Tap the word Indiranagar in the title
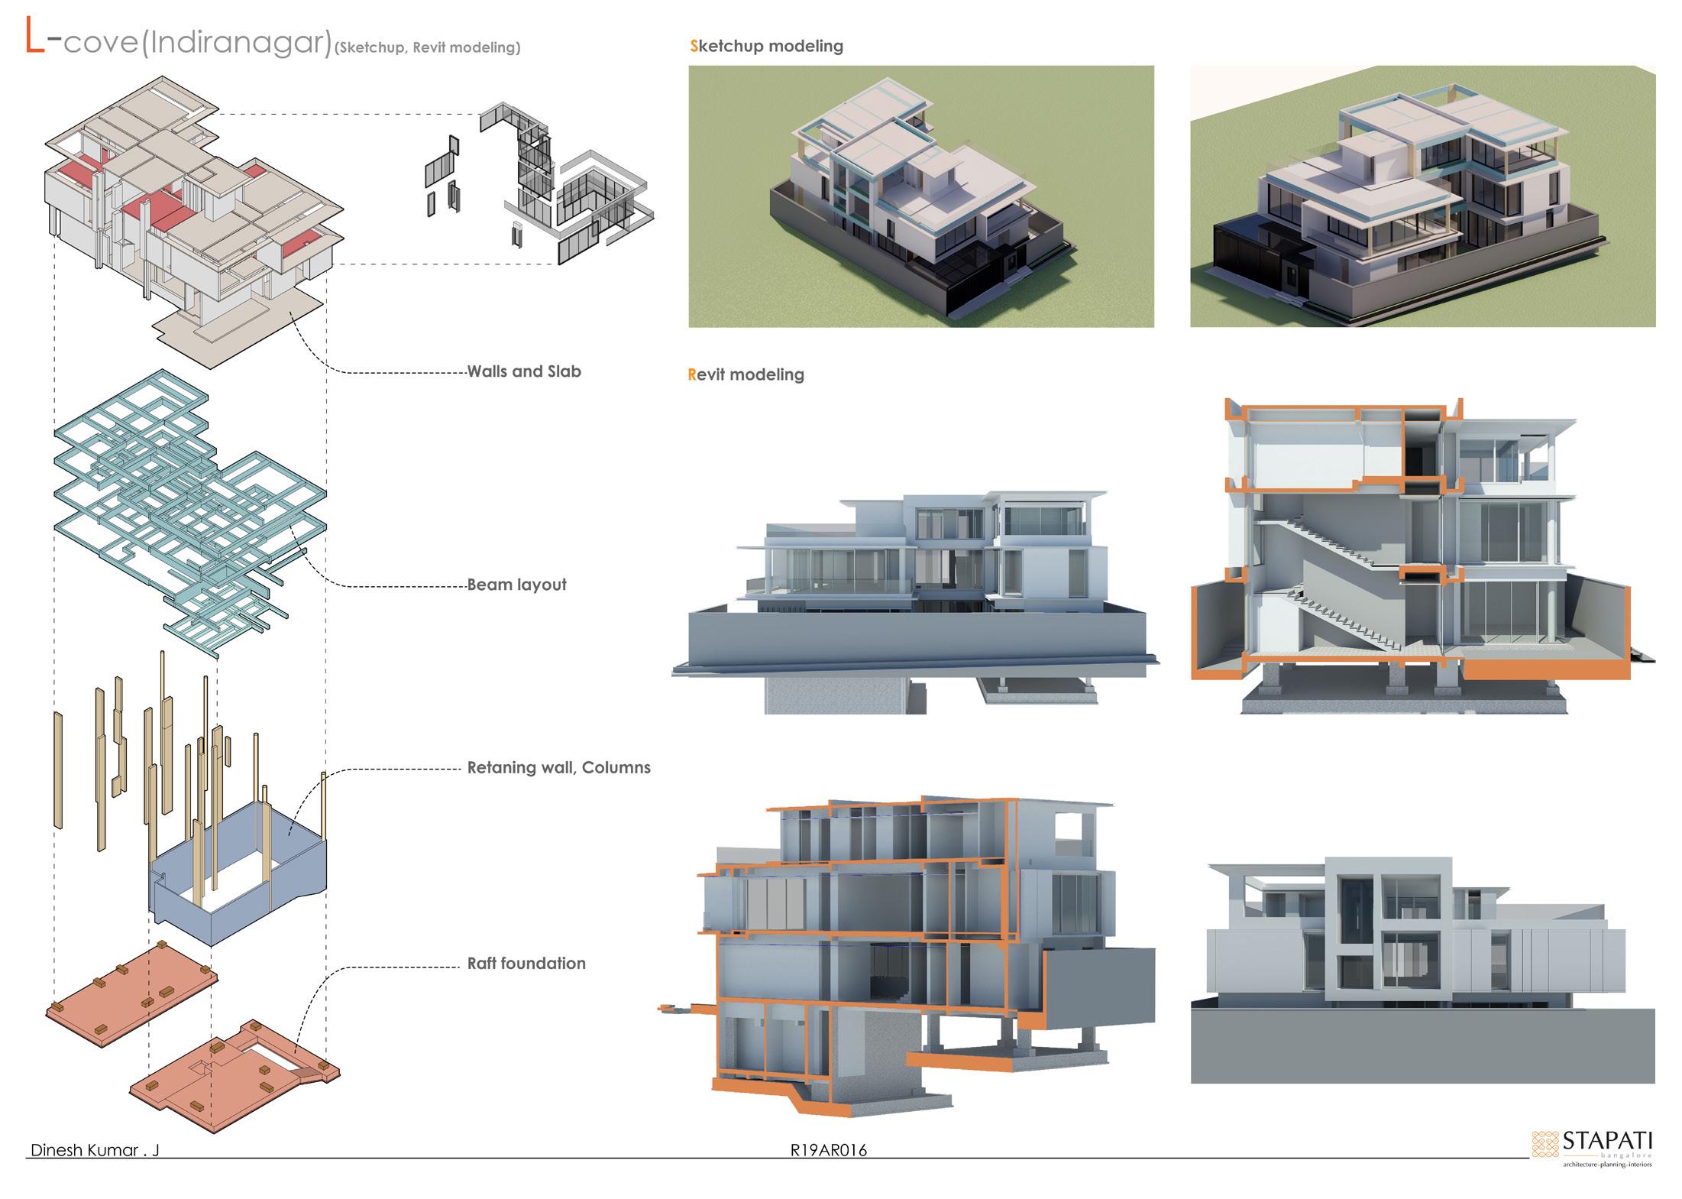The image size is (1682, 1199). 237,43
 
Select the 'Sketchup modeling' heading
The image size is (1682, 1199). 766,46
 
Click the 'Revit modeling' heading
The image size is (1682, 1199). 746,374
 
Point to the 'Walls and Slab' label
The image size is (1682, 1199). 524,372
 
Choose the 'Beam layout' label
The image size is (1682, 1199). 516,585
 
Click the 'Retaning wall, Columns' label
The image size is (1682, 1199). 558,767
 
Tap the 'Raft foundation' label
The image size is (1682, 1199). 526,963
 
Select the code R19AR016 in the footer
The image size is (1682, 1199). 829,1150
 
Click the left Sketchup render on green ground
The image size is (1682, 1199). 920,196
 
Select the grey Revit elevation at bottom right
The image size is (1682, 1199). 1422,971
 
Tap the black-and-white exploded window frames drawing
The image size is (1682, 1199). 535,183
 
